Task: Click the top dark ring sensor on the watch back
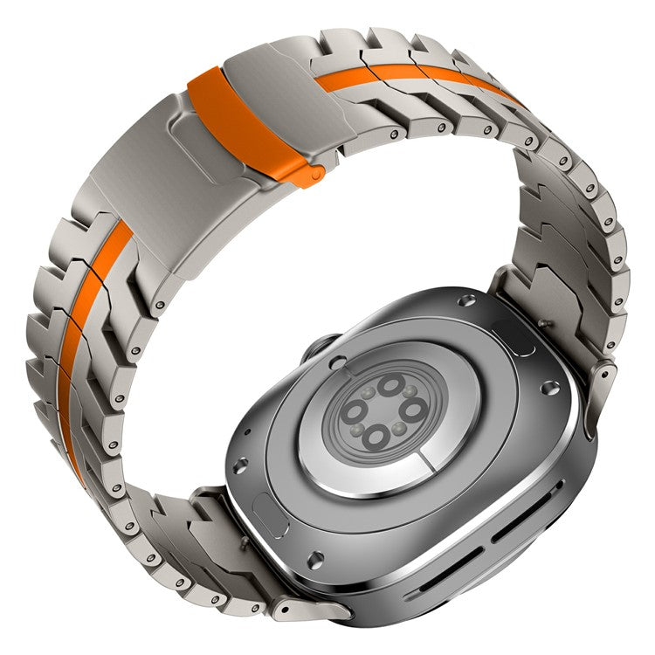click(x=391, y=384)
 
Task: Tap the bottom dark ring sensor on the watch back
click(x=376, y=436)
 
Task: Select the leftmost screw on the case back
click(x=241, y=465)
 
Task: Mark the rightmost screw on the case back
click(x=549, y=387)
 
